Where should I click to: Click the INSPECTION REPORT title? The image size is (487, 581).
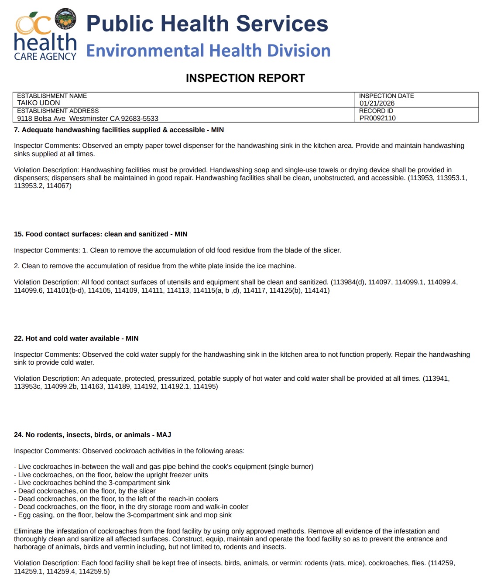tap(245, 78)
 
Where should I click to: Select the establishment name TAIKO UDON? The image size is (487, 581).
tap(38, 103)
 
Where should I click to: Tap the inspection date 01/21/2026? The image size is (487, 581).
tap(377, 103)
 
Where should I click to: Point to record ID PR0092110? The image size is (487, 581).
tap(377, 118)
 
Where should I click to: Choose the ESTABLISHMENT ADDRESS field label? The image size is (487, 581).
tap(58, 111)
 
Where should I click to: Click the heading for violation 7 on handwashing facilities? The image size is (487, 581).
tap(119, 130)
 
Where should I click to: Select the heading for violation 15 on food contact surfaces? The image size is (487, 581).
tap(100, 234)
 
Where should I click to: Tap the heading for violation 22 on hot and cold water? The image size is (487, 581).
tap(76, 338)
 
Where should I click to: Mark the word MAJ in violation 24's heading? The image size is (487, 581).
tap(164, 435)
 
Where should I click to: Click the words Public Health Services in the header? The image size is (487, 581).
tap(207, 24)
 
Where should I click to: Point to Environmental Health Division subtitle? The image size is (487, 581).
tap(208, 51)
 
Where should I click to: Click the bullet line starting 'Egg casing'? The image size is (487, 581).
tap(123, 515)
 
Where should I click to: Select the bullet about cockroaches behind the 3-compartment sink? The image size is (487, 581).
tap(93, 483)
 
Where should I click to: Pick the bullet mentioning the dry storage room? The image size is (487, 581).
tap(131, 507)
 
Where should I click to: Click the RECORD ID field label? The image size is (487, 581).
tap(376, 111)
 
